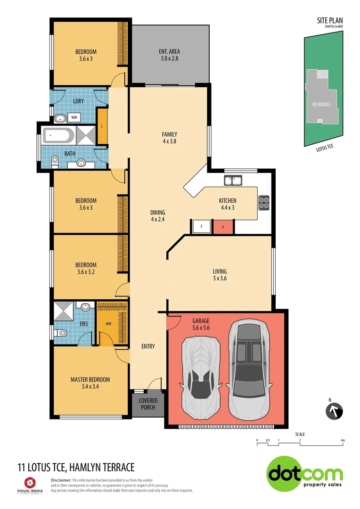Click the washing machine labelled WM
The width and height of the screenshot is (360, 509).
[x=74, y=117]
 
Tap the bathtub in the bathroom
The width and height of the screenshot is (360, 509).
[x=58, y=136]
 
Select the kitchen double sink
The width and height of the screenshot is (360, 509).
[x=233, y=180]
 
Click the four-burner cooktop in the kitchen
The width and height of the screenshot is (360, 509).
[x=263, y=202]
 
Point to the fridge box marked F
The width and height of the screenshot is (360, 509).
[x=201, y=227]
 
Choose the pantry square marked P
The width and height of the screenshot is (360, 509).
[x=223, y=227]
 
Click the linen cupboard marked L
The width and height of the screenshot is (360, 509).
[x=102, y=126]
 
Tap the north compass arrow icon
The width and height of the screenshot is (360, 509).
[x=334, y=410]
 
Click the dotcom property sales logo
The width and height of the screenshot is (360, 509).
[x=305, y=474]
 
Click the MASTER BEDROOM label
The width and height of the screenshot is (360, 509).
[x=90, y=379]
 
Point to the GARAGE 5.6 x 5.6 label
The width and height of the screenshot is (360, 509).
[x=201, y=324]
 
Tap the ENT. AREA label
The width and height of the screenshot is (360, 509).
[x=170, y=52]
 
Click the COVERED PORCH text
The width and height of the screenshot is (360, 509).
[x=148, y=404]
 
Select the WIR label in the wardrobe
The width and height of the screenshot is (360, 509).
[x=108, y=324]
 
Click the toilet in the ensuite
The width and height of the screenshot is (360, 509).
[x=59, y=333]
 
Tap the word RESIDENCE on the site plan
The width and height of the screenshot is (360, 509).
[x=321, y=104]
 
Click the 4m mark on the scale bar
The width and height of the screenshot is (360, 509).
[x=343, y=441]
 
